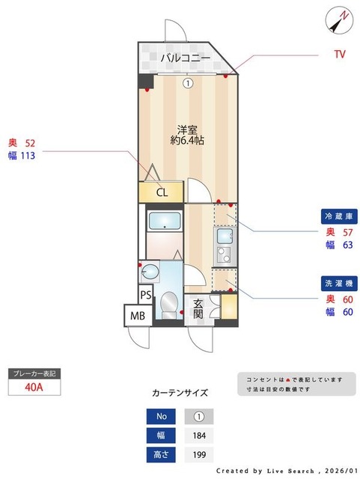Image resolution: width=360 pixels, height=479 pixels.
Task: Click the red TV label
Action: click(x=339, y=54)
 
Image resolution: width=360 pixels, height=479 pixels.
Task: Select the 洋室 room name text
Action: click(x=187, y=129)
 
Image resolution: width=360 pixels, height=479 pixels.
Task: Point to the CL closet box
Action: click(x=162, y=192)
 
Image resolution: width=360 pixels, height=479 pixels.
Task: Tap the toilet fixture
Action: click(x=169, y=304)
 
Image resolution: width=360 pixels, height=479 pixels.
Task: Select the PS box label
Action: click(x=147, y=294)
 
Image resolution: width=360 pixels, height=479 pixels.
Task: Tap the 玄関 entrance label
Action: click(x=198, y=309)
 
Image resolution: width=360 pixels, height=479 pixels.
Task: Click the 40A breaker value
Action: click(x=33, y=387)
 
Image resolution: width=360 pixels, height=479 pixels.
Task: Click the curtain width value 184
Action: click(x=199, y=436)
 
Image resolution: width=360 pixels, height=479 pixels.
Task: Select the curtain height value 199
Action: click(x=199, y=455)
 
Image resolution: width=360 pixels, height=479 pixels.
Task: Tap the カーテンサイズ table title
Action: click(x=180, y=392)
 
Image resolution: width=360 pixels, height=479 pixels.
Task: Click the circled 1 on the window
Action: click(x=189, y=84)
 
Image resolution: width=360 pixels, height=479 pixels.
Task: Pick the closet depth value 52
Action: click(x=30, y=143)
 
